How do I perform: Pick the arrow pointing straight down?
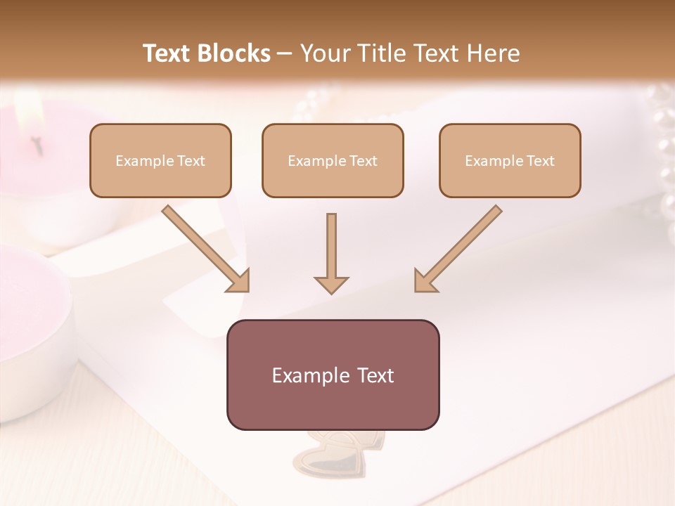click(331, 253)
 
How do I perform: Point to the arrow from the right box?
click(458, 249)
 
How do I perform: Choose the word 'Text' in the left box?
click(191, 161)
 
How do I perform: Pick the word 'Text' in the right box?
click(541, 161)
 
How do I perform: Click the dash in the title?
click(285, 54)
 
